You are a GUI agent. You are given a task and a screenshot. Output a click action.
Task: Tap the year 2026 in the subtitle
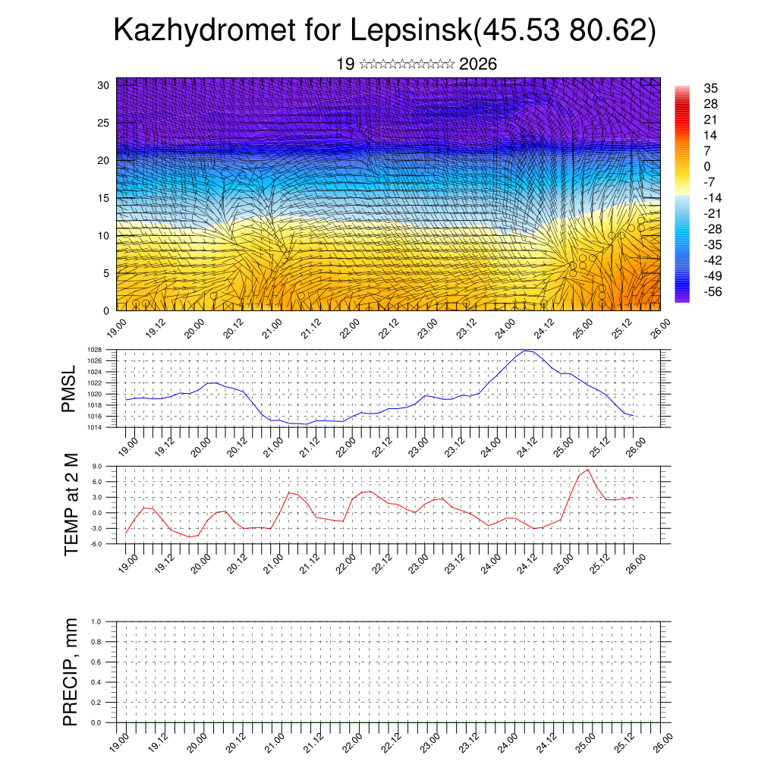click(x=478, y=64)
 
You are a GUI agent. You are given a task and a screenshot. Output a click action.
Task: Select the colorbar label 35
click(x=711, y=88)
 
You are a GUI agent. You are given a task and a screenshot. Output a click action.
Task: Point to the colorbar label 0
click(x=707, y=166)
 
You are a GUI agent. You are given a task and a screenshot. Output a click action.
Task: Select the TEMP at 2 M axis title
click(x=71, y=503)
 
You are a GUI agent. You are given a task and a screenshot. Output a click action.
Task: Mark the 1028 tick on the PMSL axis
click(x=95, y=351)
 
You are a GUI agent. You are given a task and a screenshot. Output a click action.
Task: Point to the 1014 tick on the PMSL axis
click(x=95, y=428)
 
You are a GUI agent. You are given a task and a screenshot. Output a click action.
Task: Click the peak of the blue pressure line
click(x=527, y=351)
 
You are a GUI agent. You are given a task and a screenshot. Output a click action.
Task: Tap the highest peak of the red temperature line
click(x=587, y=470)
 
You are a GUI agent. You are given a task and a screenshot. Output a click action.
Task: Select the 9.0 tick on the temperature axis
click(x=96, y=467)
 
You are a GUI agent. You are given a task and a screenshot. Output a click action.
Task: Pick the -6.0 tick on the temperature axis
click(x=96, y=544)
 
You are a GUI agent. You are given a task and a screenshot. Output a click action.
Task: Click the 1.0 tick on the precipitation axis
click(x=96, y=621)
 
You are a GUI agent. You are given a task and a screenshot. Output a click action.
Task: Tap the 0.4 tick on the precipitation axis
click(x=96, y=682)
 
